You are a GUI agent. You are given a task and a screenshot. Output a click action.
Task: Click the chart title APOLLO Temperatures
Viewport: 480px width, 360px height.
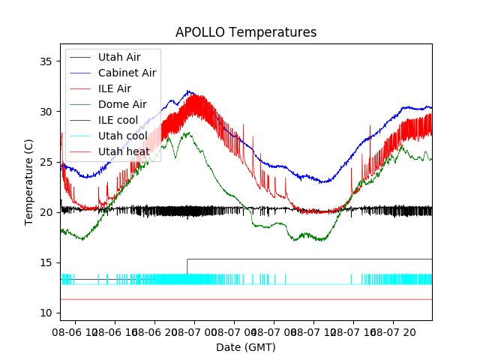coord(246,33)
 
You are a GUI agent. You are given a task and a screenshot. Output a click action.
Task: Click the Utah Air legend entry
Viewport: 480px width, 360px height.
coord(119,57)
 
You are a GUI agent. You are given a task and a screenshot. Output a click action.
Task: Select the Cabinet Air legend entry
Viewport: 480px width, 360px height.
coord(127,73)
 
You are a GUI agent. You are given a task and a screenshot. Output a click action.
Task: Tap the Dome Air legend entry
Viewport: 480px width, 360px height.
coord(122,104)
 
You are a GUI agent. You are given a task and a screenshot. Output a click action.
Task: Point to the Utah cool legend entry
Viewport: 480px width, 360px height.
coord(122,136)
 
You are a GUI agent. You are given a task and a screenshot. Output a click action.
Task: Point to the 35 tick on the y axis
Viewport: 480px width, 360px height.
coord(49,61)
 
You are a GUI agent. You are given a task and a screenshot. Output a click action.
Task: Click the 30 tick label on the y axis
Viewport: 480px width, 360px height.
coord(49,112)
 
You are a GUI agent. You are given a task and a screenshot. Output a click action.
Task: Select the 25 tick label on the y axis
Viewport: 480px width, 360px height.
coord(49,162)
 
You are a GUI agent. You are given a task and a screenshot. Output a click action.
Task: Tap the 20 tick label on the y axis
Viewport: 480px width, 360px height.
coord(49,212)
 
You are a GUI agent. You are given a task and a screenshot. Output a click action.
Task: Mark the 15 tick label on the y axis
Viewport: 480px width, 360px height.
coord(49,262)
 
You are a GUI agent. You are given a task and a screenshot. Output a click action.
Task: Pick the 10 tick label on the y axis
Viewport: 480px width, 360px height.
coord(49,313)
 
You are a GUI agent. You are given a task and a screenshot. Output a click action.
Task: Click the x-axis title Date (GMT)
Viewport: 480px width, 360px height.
coord(246,347)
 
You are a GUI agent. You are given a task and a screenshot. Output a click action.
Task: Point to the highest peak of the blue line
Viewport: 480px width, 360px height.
coord(188,91)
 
